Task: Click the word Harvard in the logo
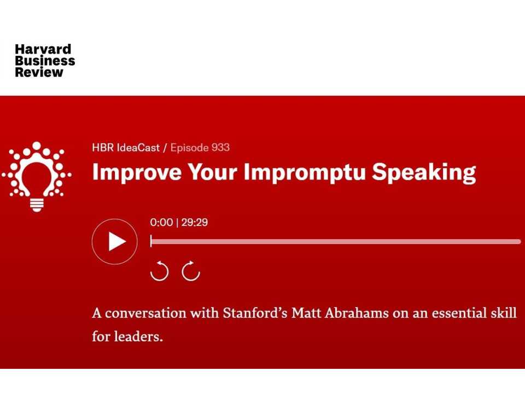(x=43, y=49)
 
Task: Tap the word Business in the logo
(x=45, y=61)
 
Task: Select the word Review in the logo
(x=39, y=72)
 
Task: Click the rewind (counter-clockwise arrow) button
(x=159, y=270)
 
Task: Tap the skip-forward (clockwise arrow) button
(x=191, y=270)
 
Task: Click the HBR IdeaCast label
(x=126, y=147)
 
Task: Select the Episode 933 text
(x=200, y=147)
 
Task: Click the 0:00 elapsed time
(x=161, y=222)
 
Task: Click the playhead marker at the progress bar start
(x=151, y=241)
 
